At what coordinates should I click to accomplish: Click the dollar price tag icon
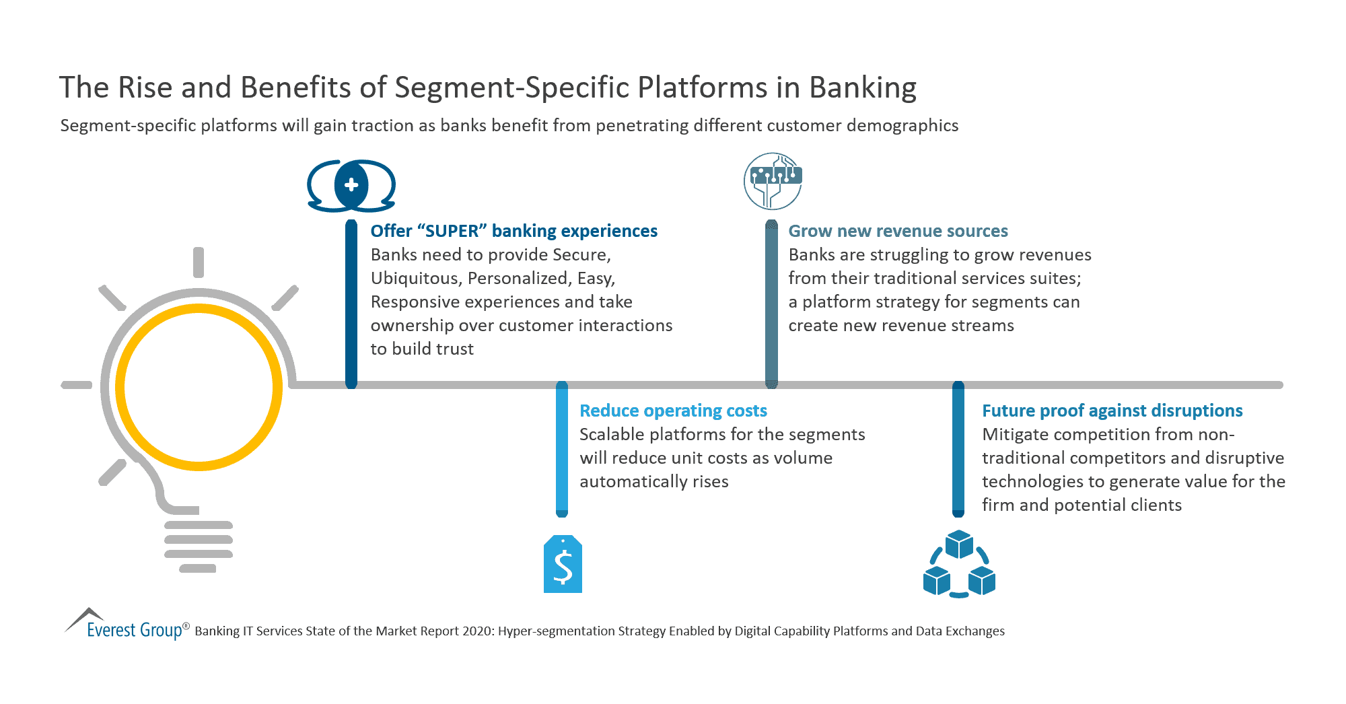pos(563,565)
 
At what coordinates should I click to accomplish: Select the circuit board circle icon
pos(773,181)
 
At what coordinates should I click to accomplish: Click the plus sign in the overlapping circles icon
pos(351,185)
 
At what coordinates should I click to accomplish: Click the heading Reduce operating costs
pos(673,411)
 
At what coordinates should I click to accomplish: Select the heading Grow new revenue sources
pos(898,231)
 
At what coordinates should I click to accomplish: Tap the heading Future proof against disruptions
pos(1112,411)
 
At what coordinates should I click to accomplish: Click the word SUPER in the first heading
pos(452,231)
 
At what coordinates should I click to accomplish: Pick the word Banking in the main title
pos(862,87)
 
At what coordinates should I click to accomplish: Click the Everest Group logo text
pos(135,630)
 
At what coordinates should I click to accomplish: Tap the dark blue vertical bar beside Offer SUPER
pos(351,303)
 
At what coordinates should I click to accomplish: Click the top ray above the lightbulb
pos(199,262)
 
